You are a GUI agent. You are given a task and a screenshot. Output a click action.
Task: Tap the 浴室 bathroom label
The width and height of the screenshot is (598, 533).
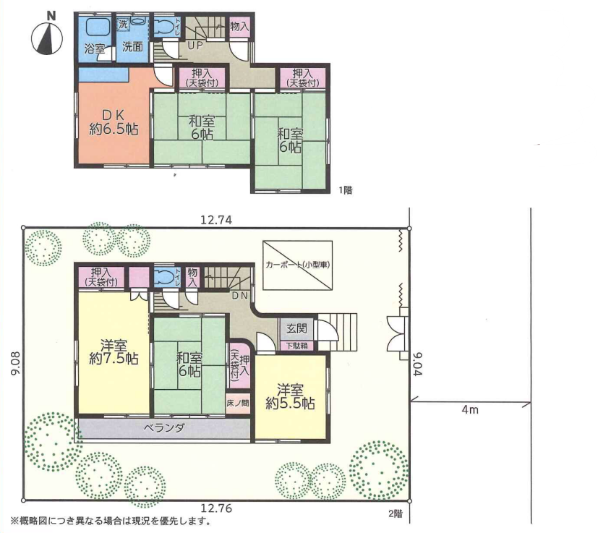point(94,49)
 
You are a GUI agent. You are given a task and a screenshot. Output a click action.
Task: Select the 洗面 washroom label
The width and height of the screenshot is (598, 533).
point(132,47)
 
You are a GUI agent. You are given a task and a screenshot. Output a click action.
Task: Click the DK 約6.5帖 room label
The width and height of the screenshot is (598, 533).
point(114,122)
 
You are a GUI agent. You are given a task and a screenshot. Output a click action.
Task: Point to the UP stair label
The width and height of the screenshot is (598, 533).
point(195,46)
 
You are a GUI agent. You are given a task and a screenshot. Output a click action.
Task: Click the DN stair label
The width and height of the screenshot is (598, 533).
point(240,295)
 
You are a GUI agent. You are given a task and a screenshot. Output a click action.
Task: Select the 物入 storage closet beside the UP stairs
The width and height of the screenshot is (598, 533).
point(240,27)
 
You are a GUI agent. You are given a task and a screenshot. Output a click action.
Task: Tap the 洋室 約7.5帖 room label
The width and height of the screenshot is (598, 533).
point(114,351)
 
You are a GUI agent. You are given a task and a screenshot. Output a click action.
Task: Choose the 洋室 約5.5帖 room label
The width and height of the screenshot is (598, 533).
point(290,397)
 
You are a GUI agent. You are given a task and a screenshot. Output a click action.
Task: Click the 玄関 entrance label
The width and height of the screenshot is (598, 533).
point(296,328)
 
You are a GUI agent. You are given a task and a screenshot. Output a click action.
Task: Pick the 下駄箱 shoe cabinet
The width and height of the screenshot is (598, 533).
point(296,346)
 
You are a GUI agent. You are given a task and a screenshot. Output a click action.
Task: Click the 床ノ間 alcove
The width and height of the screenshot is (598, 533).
point(238,404)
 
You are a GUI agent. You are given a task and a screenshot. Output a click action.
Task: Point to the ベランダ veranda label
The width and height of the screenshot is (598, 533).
point(164,428)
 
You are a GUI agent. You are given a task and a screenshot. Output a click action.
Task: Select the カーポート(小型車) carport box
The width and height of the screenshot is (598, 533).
point(297,265)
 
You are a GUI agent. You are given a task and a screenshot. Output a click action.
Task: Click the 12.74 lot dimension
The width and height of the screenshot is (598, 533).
point(216,220)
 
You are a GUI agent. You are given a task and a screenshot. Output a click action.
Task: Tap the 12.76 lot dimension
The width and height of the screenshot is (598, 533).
point(216,508)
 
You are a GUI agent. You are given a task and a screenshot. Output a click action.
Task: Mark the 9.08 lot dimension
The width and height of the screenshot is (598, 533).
point(15,364)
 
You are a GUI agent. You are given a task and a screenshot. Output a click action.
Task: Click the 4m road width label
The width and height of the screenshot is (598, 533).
point(469,410)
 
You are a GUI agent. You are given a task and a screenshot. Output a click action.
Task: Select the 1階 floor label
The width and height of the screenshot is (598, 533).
point(346,189)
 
